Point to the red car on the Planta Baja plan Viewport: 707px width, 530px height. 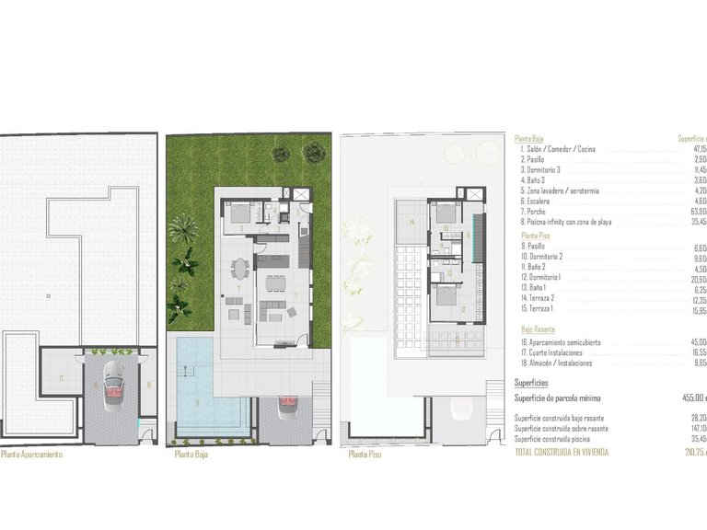pos(286,403)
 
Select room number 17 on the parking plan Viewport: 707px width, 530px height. pos(61,378)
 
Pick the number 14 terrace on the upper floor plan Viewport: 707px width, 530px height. pos(413,223)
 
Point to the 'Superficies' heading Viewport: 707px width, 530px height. pos(531,382)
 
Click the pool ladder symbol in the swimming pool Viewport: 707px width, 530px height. pos(190,371)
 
